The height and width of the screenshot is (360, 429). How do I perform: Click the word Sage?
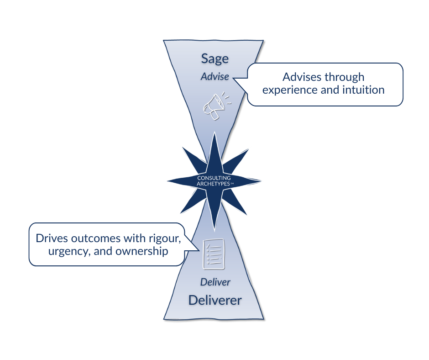(x=215, y=59)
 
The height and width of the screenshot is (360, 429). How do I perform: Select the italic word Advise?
(x=215, y=76)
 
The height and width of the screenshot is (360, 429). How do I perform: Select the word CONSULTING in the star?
(x=214, y=178)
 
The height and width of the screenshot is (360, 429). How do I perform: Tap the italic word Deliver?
(x=215, y=282)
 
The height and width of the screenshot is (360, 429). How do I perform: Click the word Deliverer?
(x=215, y=300)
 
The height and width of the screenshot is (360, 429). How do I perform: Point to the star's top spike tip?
(x=214, y=132)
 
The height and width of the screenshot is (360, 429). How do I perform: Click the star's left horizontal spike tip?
(x=165, y=181)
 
